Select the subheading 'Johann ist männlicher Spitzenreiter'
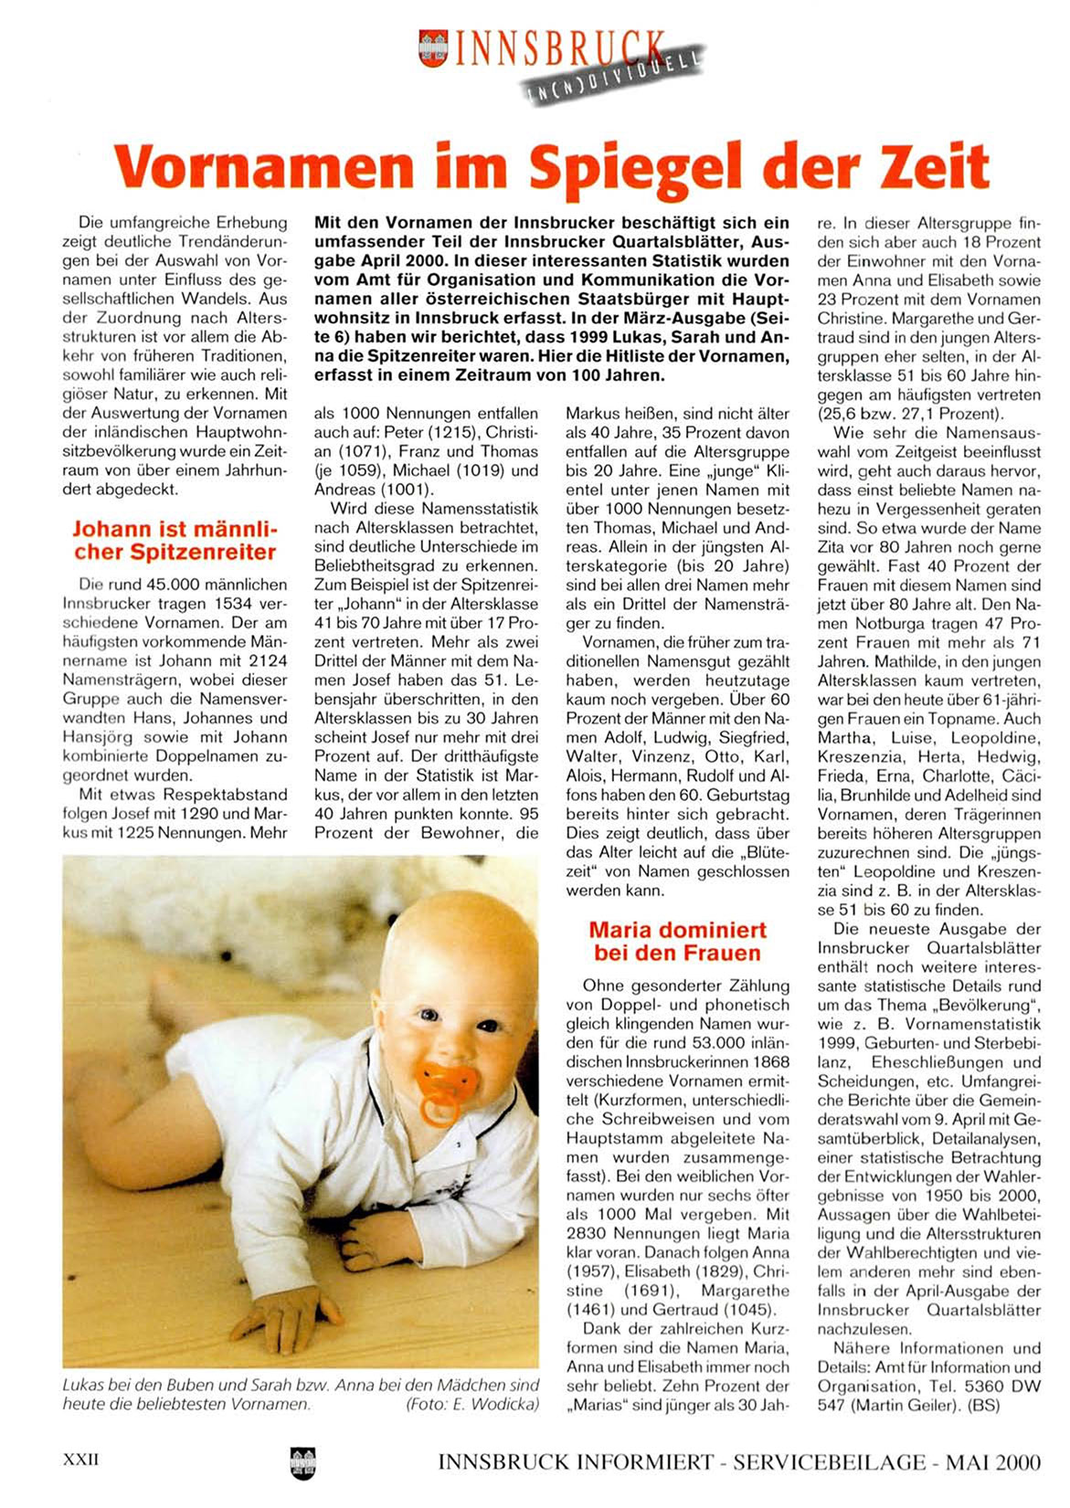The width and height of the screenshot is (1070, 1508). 174,540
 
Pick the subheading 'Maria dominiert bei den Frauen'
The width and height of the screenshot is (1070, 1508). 677,941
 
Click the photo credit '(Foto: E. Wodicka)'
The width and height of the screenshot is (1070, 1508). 471,1404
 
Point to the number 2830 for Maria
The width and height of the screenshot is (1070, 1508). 587,1234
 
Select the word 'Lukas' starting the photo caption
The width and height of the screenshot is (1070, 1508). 82,1385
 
